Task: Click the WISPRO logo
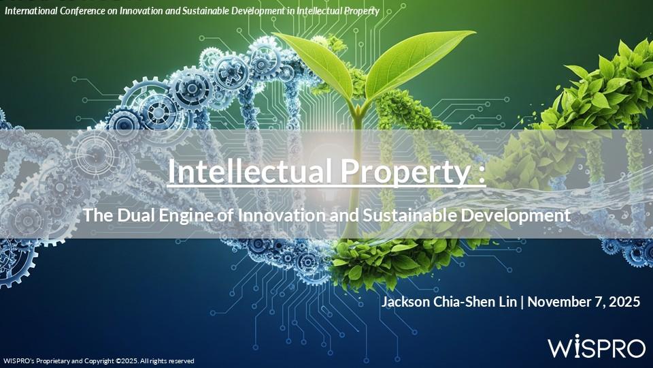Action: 597,346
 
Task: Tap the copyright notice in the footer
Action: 99,361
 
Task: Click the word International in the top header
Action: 31,11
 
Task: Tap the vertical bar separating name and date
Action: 522,302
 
